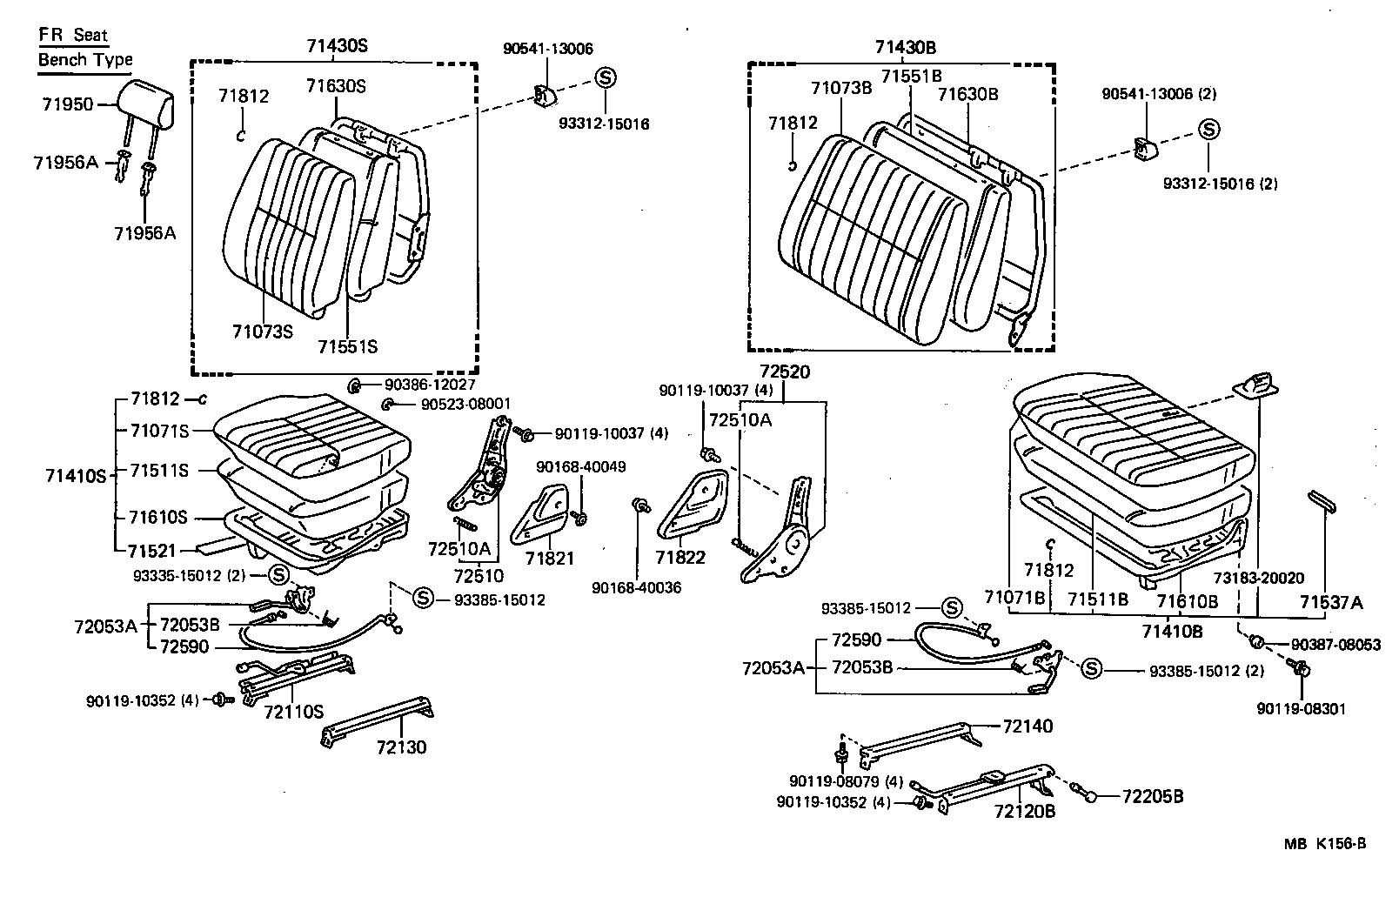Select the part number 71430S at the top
pos(337,46)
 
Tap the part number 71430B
pos(906,47)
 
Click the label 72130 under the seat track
pos(401,747)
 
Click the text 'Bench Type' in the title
pos(85,60)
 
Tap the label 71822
pos(681,558)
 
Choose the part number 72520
pos(784,372)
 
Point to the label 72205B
pos(1152,796)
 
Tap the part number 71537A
pos(1331,602)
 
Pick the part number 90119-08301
pos(1301,709)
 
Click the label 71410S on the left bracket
pos(75,475)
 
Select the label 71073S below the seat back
pos(263,331)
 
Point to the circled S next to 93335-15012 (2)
pos(278,574)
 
